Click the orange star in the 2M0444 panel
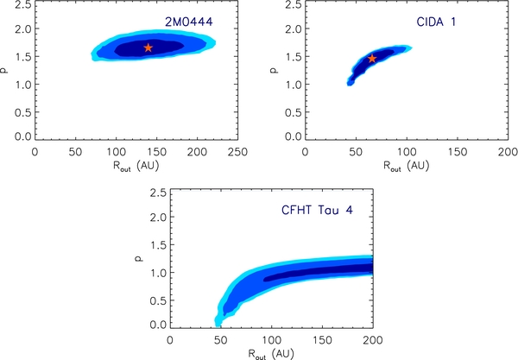[x=148, y=47]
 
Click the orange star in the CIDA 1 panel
[x=372, y=59]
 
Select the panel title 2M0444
[x=189, y=22]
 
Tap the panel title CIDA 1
[x=436, y=22]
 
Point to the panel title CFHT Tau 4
[x=317, y=210]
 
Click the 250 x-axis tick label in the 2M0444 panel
[x=238, y=152]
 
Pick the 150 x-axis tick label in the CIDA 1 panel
[x=458, y=152]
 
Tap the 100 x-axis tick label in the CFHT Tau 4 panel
[x=272, y=340]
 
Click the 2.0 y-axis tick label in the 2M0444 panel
[x=23, y=28]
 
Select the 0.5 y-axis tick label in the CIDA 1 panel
[x=294, y=112]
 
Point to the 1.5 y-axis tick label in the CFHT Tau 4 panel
[x=158, y=244]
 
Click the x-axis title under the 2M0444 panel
[x=136, y=166]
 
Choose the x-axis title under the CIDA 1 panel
[x=407, y=166]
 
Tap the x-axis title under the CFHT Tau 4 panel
[x=271, y=354]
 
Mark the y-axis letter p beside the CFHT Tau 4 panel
[x=140, y=259]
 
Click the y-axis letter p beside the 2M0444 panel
[x=4, y=70]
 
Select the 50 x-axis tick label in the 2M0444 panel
[x=76, y=152]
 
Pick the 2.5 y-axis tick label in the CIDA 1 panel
[x=294, y=4]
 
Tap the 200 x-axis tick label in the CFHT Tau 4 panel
[x=373, y=340]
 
